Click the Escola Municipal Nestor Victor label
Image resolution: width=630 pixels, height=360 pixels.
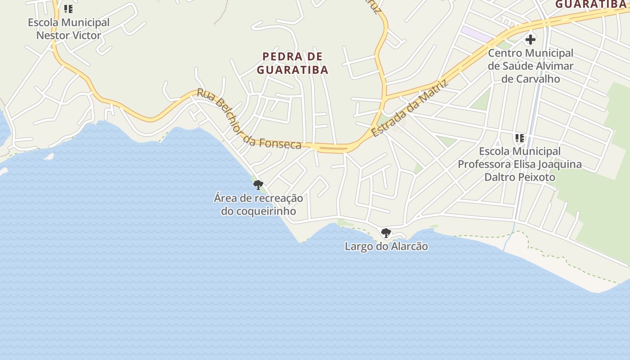[68, 29]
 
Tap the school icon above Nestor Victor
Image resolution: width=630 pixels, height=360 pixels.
[68, 9]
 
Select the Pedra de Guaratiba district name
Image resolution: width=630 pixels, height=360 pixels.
[292, 63]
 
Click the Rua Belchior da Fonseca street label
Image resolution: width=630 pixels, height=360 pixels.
[249, 119]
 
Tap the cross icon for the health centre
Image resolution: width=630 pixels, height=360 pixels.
[531, 40]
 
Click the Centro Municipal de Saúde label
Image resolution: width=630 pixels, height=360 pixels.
[531, 66]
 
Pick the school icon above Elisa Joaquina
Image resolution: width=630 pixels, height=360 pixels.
[520, 138]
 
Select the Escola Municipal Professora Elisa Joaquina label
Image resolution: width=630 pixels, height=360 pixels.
[520, 164]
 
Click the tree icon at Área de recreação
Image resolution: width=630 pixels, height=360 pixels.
[258, 184]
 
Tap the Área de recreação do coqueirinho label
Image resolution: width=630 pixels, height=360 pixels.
[258, 204]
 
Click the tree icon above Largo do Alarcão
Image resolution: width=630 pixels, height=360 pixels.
[386, 233]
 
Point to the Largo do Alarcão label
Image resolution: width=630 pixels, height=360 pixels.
[386, 246]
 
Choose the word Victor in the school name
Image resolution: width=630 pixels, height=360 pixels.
[85, 35]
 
